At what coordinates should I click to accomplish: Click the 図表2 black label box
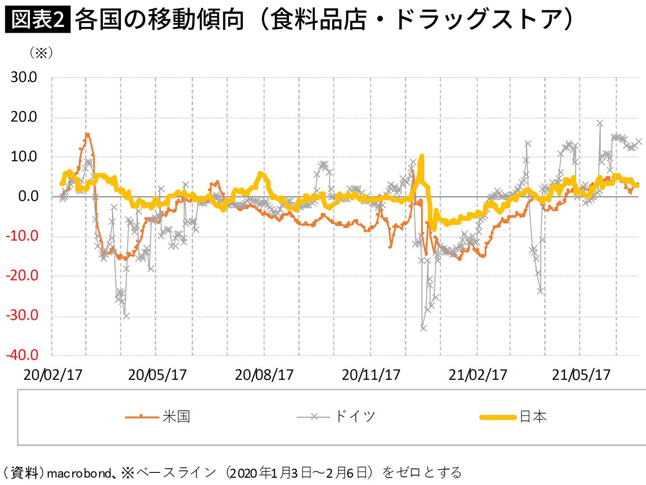coord(38,19)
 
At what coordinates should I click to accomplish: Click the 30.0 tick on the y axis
coord(24,77)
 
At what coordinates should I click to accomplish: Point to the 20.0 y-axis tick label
coord(24,117)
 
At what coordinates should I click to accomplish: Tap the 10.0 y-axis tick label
coord(24,157)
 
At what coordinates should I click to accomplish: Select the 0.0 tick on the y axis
coord(28,196)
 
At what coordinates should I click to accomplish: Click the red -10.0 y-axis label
coord(22,236)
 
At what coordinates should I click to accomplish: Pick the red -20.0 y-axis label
coord(22,276)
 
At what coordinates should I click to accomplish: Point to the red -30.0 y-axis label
coord(22,316)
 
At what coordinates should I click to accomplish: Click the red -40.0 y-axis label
coord(22,355)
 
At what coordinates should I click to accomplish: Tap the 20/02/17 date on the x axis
coord(53,375)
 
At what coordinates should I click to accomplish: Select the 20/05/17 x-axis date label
coord(158,375)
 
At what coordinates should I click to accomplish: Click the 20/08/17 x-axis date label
coord(264,375)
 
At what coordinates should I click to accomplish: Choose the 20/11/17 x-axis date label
coord(371,375)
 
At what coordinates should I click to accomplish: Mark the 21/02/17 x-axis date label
coord(478,375)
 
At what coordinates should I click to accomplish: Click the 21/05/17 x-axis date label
coord(581,375)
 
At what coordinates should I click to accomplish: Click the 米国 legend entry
coord(158,417)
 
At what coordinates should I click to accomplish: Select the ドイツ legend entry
coord(336,417)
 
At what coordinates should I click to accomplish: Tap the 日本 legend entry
coord(513,417)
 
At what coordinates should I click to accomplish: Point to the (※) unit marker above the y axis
coord(41,53)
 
